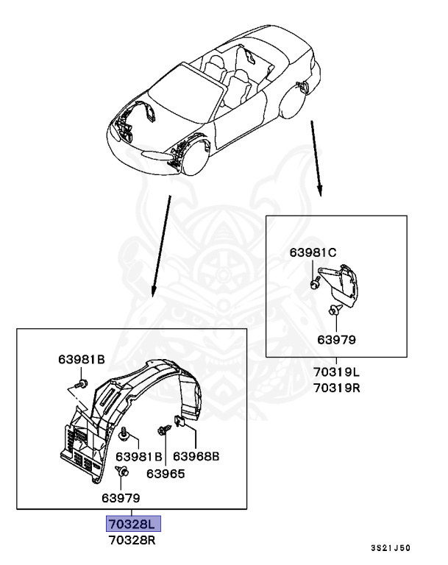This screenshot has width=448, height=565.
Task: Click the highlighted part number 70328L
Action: click(x=132, y=525)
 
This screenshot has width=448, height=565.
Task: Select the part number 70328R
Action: click(x=132, y=541)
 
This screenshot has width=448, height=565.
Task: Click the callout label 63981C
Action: click(x=313, y=252)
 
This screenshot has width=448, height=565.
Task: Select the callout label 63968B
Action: click(x=196, y=457)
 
